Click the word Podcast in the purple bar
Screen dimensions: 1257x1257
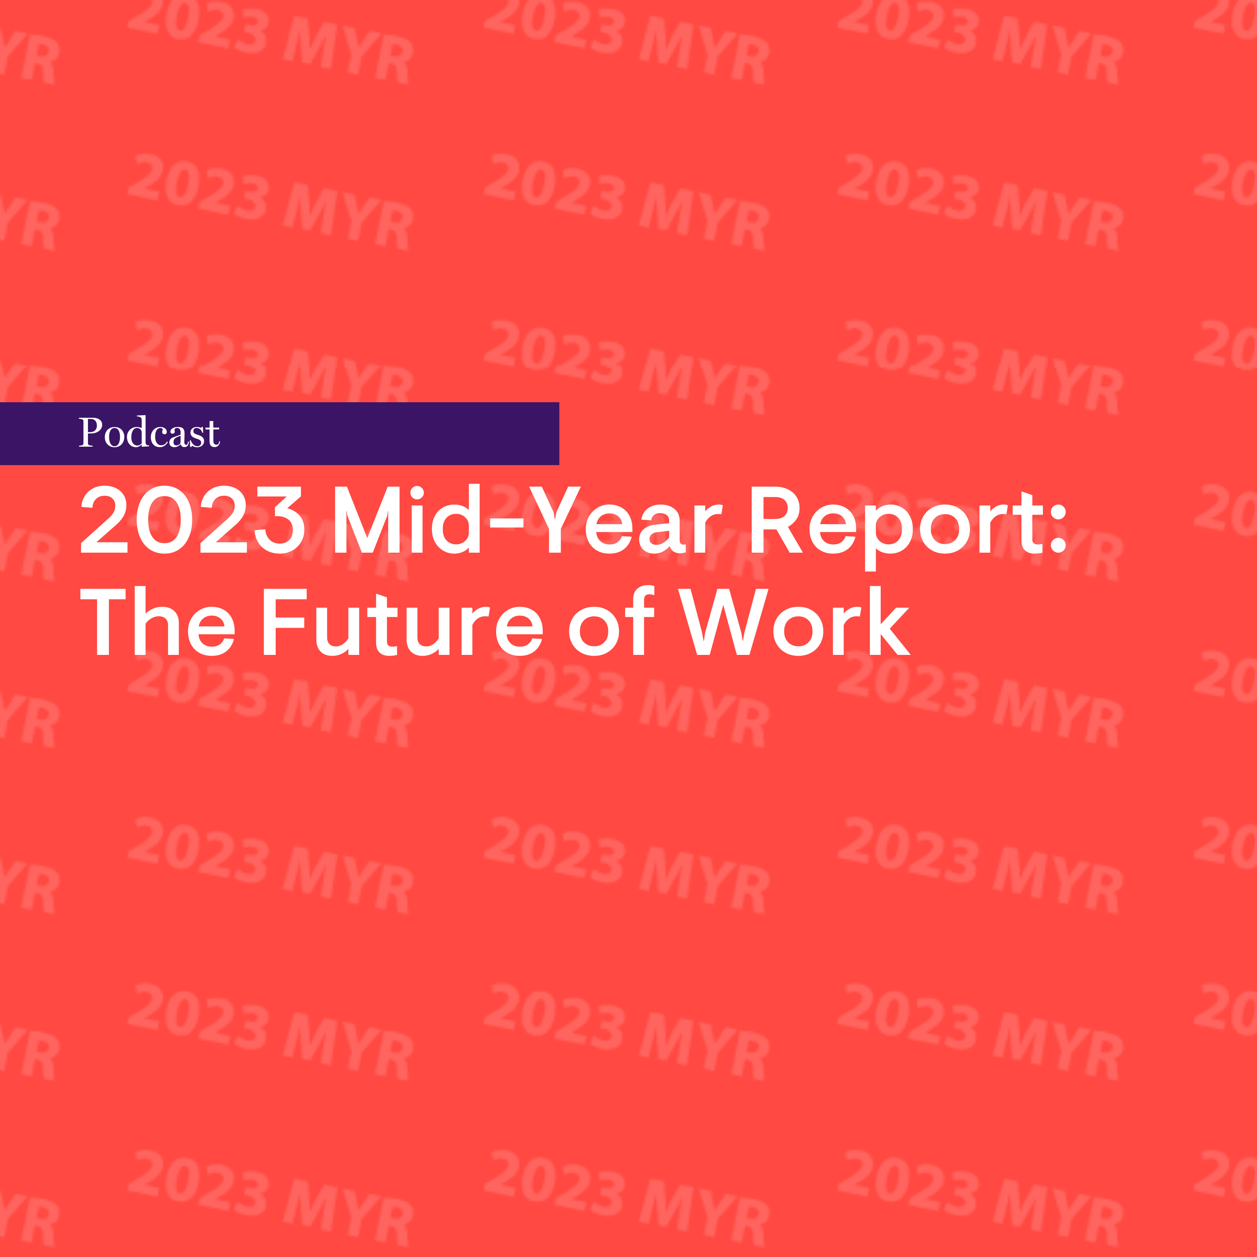pyautogui.click(x=150, y=433)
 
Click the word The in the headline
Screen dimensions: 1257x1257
pyautogui.click(x=157, y=621)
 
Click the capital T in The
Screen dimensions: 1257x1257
pyautogui.click(x=103, y=621)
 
